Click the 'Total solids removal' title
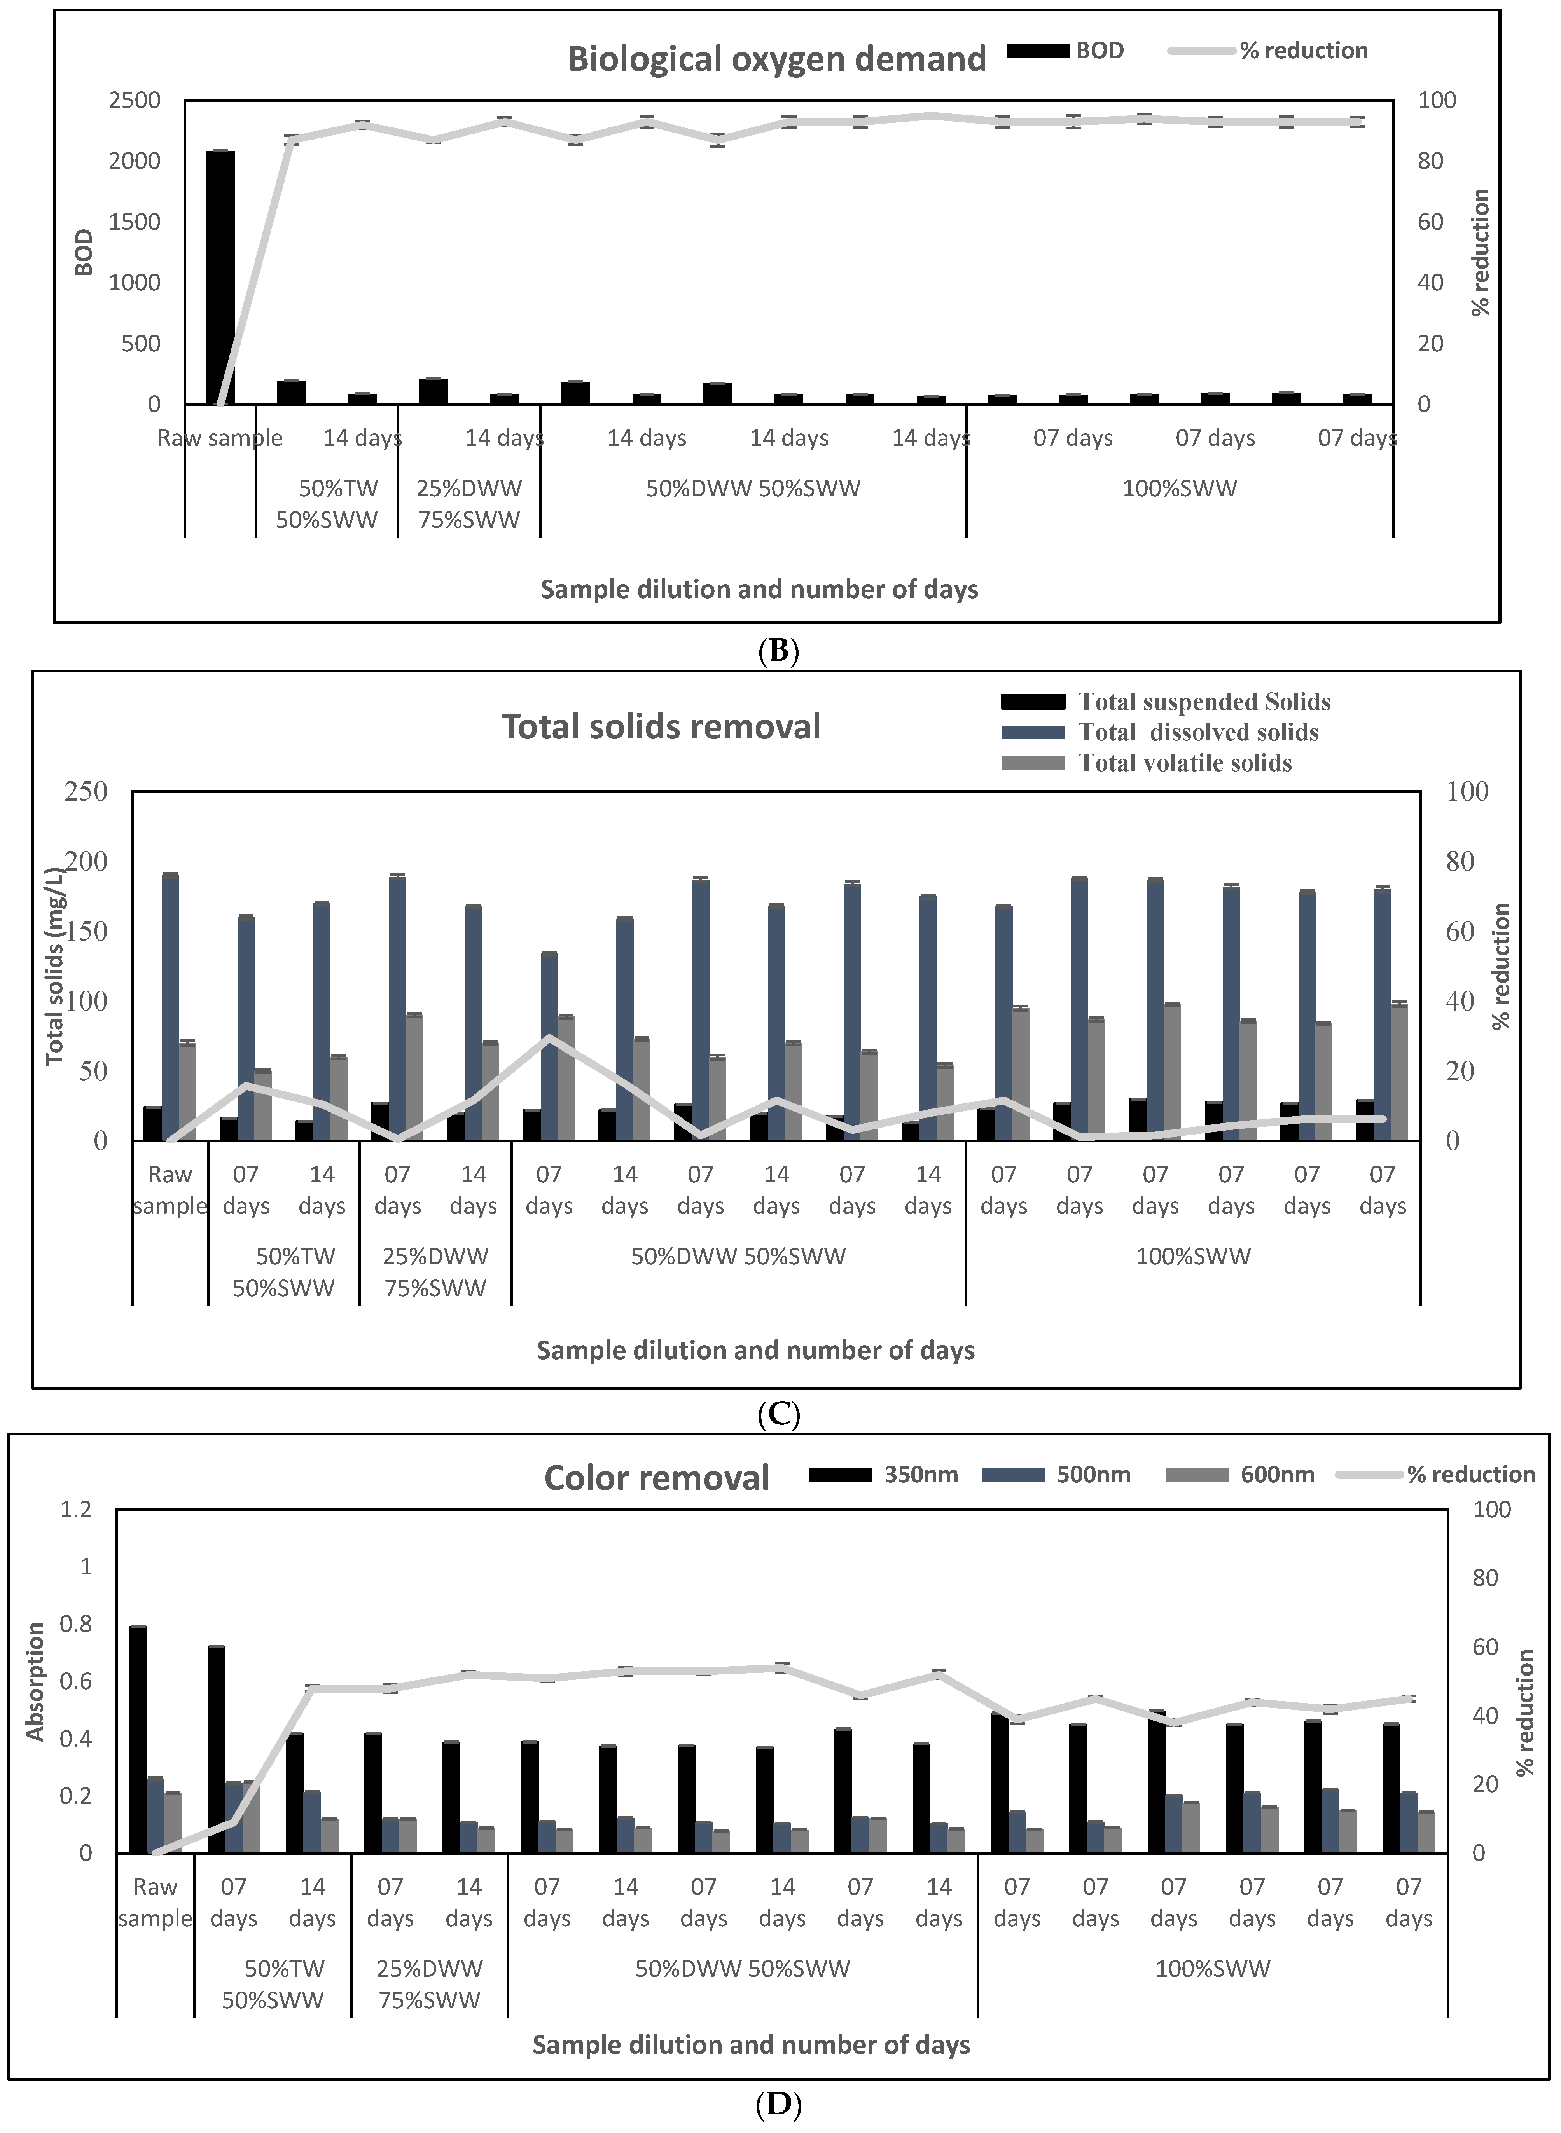click(x=661, y=726)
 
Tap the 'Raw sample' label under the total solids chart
click(x=170, y=1190)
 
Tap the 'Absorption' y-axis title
click(x=35, y=1681)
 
